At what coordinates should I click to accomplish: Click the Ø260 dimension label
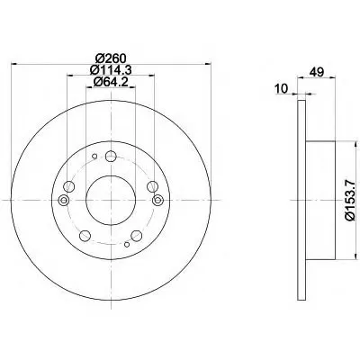[x=111, y=58]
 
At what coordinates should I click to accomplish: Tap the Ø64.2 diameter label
[x=111, y=82]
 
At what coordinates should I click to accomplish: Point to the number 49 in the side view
[x=317, y=72]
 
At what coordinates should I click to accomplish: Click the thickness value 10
[x=282, y=88]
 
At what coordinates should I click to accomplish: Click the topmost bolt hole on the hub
[x=111, y=156]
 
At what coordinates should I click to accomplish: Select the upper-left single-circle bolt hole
[x=68, y=186]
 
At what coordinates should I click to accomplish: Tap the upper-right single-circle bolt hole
[x=152, y=186]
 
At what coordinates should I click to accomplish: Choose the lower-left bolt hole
[x=85, y=236]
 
